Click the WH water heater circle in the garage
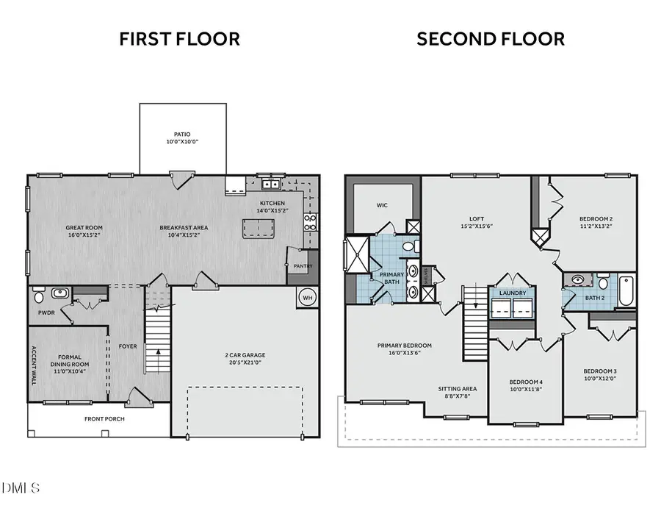click(308, 298)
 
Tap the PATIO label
click(182, 135)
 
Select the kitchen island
click(259, 228)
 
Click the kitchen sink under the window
click(270, 184)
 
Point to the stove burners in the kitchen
click(310, 222)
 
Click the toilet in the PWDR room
click(39, 296)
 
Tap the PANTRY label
click(303, 266)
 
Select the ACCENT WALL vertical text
click(34, 365)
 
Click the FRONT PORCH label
click(104, 419)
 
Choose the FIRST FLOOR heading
click(180, 39)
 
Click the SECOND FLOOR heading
click(491, 39)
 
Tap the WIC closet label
click(382, 205)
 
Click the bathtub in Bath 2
click(626, 290)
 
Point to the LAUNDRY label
click(513, 293)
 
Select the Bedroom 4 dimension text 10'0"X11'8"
click(526, 390)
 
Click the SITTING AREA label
click(458, 389)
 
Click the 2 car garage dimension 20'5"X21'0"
click(245, 362)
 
